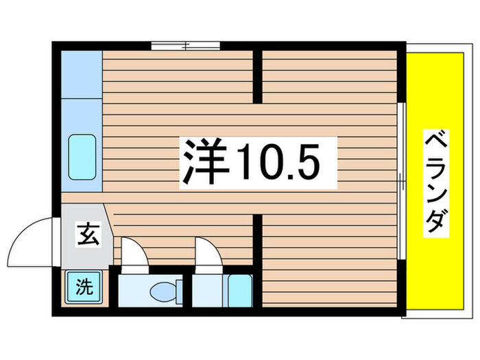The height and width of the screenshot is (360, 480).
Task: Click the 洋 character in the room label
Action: pos(204,162)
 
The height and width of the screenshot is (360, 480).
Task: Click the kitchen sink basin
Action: pos(82,158)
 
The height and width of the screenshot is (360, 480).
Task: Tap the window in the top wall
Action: pos(185,46)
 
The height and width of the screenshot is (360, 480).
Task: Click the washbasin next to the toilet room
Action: pos(239,289)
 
